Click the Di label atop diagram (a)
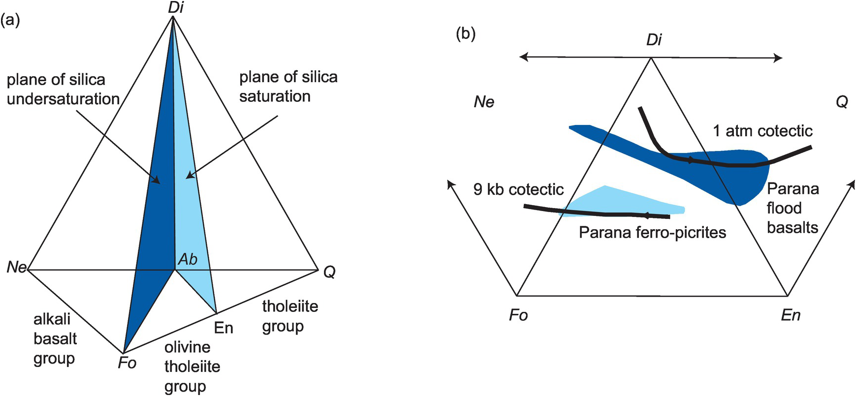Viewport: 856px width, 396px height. tap(175, 8)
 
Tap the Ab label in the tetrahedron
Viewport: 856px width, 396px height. tap(188, 259)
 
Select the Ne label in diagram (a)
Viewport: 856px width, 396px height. tap(17, 268)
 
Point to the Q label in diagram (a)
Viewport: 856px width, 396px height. tap(329, 272)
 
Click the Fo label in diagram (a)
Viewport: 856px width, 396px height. tap(127, 363)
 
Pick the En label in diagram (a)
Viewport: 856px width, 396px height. tap(223, 328)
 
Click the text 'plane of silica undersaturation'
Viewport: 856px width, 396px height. tap(63, 89)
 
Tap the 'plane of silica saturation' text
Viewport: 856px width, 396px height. tap(288, 87)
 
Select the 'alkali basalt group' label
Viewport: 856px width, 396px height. tap(55, 339)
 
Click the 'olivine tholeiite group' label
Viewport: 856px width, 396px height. tap(192, 366)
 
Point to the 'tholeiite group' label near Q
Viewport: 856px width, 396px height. tap(290, 316)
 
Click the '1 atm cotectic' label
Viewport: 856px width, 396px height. tap(762, 131)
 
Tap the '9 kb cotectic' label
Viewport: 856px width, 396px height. tap(518, 189)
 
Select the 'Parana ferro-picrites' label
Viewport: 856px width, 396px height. tap(652, 232)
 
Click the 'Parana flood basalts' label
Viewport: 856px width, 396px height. tap(793, 208)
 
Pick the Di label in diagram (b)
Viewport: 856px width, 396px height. tap(654, 40)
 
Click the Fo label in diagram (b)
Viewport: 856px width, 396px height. tap(518, 315)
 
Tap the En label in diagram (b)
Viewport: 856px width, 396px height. tap(791, 315)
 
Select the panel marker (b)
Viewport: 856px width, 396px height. tap(466, 34)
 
